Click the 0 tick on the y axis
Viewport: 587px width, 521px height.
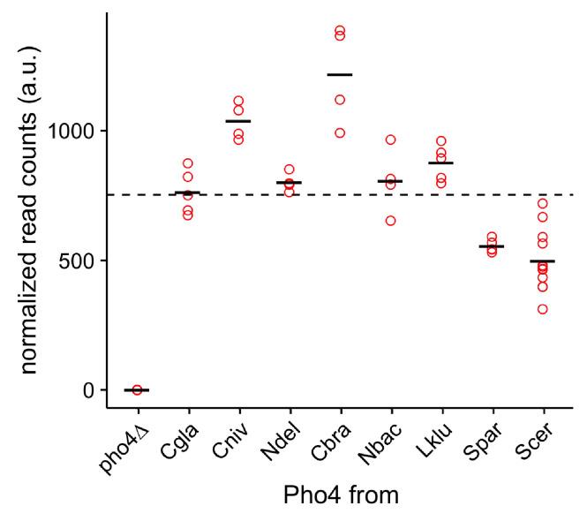(91, 390)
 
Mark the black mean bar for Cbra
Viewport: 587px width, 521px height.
(340, 75)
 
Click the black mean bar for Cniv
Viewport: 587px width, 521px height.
(238, 121)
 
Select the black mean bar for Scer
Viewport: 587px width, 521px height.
(542, 261)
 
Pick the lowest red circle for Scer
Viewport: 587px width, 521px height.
(542, 309)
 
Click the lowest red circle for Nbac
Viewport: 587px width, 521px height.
(390, 221)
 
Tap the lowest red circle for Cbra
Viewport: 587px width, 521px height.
(340, 133)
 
